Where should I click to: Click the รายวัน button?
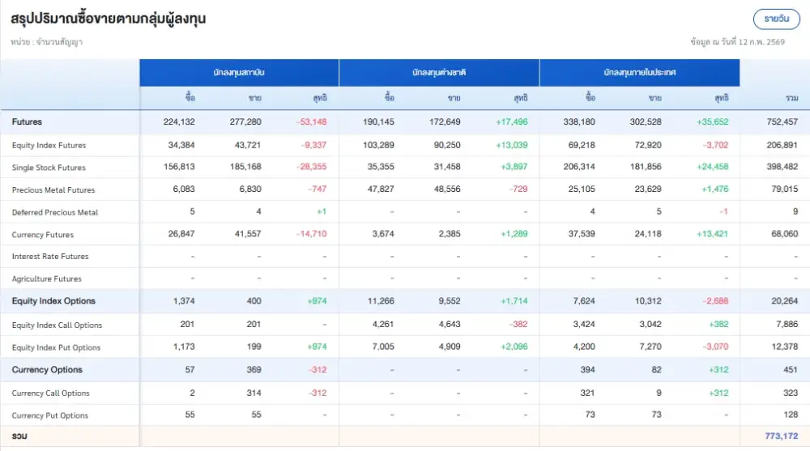pos(776,19)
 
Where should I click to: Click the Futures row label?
pos(27,122)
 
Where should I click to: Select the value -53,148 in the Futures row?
pos(312,122)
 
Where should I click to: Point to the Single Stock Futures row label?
pos(49,168)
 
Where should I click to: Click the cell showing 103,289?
pos(378,145)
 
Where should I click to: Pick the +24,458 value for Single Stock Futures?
pos(712,168)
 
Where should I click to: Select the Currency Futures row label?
pos(42,235)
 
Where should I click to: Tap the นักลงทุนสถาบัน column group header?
pos(239,73)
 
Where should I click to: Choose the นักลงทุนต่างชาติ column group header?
pos(438,73)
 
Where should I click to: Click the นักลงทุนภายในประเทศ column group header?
pos(639,73)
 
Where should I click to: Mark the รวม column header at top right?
pos(791,98)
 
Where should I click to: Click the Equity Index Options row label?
pos(53,301)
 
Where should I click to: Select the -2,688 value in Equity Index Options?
pos(714,301)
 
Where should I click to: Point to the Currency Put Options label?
pos(49,415)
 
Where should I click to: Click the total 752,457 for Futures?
pos(781,122)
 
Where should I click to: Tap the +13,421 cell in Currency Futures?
pos(712,235)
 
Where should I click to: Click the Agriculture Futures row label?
pos(46,279)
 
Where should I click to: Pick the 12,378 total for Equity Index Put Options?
pos(783,347)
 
